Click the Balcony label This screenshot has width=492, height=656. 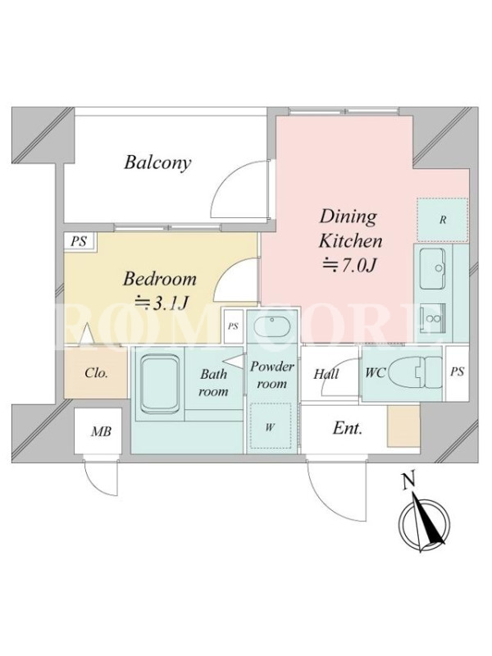157,162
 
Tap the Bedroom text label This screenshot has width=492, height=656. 159,279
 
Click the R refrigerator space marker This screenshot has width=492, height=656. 443,220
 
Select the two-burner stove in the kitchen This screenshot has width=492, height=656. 433,318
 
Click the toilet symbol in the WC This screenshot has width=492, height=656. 415,371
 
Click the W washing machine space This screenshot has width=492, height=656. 271,426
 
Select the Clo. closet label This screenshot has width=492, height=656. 96,373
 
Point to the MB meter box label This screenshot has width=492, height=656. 101,431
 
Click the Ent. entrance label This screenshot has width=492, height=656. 347,428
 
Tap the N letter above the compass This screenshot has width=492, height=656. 408,481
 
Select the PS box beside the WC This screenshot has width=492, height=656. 457,372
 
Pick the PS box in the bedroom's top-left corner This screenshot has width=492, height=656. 80,241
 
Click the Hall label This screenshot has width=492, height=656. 326,374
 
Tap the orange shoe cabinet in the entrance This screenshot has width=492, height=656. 403,426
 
